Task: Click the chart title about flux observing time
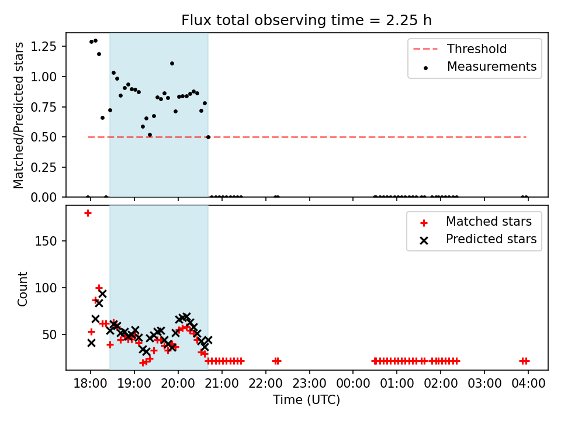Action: click(x=307, y=20)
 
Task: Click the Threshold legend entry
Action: click(x=460, y=49)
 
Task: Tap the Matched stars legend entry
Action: click(x=476, y=222)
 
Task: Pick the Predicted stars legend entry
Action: click(x=479, y=239)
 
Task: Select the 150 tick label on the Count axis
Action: click(x=46, y=241)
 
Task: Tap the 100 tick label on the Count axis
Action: click(x=46, y=288)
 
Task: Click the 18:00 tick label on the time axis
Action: click(x=91, y=384)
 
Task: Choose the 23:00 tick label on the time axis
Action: click(x=310, y=384)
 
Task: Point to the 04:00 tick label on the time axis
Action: click(x=528, y=384)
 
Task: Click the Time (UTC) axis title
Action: click(x=307, y=399)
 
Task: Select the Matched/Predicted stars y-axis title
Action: click(x=18, y=115)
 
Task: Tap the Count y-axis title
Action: click(x=22, y=288)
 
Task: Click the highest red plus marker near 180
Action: click(x=88, y=213)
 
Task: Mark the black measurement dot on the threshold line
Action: click(x=208, y=137)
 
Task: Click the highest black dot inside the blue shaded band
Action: click(x=172, y=63)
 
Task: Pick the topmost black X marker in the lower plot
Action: click(x=102, y=294)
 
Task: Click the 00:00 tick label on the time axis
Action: click(x=353, y=384)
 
